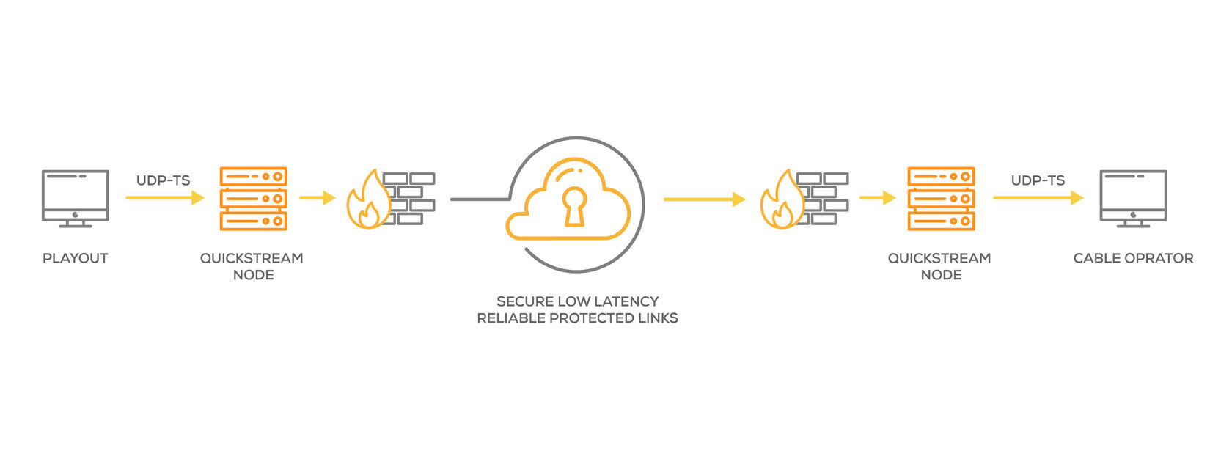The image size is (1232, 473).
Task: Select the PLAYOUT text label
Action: point(76,258)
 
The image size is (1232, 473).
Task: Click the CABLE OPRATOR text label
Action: point(1133,258)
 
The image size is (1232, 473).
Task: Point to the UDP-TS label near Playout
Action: point(163,180)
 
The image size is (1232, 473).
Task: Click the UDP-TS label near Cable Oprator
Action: point(1038,180)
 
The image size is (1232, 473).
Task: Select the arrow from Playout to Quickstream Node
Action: point(164,198)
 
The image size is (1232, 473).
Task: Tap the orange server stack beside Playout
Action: point(253,198)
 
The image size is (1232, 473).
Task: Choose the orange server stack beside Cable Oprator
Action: point(941,198)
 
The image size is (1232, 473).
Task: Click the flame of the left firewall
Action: point(367,202)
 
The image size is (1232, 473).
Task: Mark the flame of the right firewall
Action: point(780,202)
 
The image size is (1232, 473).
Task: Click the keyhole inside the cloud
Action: point(574,206)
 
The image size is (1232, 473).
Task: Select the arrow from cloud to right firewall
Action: point(704,199)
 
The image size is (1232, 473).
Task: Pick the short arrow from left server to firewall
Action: point(317,198)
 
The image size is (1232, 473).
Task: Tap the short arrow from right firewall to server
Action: point(877,198)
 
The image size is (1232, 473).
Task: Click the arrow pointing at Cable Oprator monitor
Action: point(1038,198)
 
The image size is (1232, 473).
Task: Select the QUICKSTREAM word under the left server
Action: point(252,258)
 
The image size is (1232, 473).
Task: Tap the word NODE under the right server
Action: point(941,275)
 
